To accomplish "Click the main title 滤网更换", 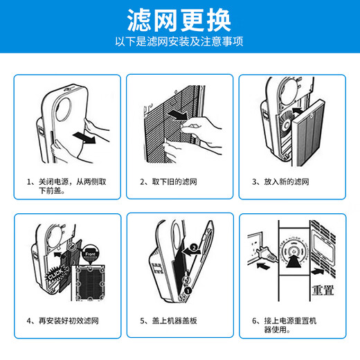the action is pyautogui.click(x=179, y=21).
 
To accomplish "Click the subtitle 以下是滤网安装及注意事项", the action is pyautogui.click(x=179, y=42).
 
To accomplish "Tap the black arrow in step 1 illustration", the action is pyautogui.click(x=84, y=138).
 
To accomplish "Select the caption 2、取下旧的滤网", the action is pyautogui.click(x=168, y=182).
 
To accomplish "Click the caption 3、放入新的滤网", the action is pyautogui.click(x=280, y=182).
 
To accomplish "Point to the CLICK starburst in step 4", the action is pyautogui.click(x=55, y=274).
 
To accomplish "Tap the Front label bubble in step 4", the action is pyautogui.click(x=90, y=255).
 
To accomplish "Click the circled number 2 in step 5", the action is pyautogui.click(x=194, y=248).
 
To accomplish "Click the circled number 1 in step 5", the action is pyautogui.click(x=188, y=291).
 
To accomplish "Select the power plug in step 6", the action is pyautogui.click(x=265, y=254).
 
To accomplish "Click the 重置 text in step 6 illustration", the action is pyautogui.click(x=323, y=291).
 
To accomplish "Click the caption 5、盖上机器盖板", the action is pyautogui.click(x=168, y=321).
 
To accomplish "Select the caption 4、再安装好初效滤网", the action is pyautogui.click(x=63, y=321).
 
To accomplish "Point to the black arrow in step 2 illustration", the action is pyautogui.click(x=178, y=115).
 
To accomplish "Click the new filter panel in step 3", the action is pyautogui.click(x=309, y=133).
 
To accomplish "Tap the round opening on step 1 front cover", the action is pyautogui.click(x=64, y=109).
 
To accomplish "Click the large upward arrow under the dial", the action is pyautogui.click(x=294, y=261).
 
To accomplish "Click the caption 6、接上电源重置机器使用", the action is pyautogui.click(x=285, y=325).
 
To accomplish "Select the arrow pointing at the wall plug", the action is pyautogui.click(x=263, y=266).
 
